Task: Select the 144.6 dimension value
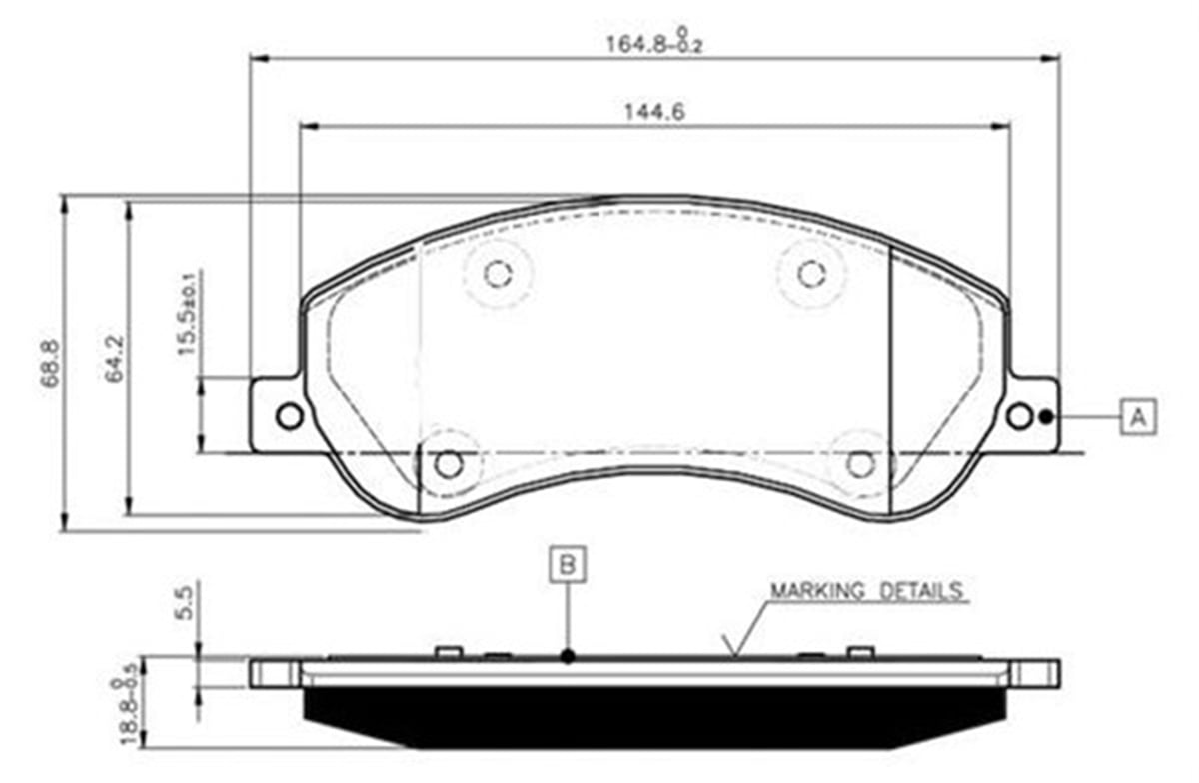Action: [x=654, y=112]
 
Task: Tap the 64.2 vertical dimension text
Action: [x=115, y=359]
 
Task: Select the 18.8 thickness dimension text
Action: [x=128, y=710]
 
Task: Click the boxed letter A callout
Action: [x=1137, y=416]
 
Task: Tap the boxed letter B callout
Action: [x=568, y=565]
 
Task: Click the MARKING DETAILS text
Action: [x=865, y=590]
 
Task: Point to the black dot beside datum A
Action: [x=1046, y=417]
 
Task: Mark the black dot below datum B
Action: [x=568, y=656]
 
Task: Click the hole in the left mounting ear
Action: [x=289, y=416]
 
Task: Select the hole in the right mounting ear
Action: [x=1018, y=416]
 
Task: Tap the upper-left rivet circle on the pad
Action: [x=497, y=272]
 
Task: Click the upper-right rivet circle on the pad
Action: [x=810, y=272]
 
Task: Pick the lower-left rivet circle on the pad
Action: [x=449, y=464]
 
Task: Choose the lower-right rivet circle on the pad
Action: [x=860, y=464]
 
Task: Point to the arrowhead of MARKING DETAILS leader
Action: [x=734, y=655]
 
